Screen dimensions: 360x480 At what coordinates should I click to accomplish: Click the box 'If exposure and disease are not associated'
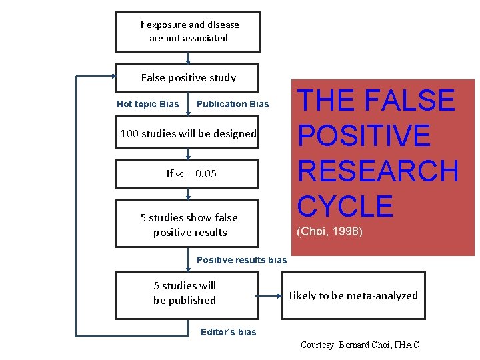coord(188,31)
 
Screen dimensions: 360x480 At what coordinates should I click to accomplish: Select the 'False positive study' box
coord(188,78)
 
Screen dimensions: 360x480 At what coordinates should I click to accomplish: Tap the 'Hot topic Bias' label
coord(147,104)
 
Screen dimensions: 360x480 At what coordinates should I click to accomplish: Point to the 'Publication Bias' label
coord(233,104)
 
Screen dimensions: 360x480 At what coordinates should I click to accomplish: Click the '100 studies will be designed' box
coord(188,134)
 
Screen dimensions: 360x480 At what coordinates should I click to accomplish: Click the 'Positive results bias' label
coord(241,260)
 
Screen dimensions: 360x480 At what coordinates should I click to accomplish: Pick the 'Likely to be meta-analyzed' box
coord(353,295)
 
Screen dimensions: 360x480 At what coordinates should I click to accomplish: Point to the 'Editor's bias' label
coord(228,332)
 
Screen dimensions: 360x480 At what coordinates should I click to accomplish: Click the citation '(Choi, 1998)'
coord(329,232)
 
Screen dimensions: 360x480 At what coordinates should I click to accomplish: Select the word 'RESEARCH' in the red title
coord(378,171)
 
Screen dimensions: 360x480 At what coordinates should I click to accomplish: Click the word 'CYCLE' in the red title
coord(345,207)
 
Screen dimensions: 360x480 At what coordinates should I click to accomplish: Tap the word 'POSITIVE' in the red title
coord(364,136)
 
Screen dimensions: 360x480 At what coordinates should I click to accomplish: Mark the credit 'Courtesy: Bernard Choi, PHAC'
coord(359,345)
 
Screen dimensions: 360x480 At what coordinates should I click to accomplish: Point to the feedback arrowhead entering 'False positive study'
coord(112,77)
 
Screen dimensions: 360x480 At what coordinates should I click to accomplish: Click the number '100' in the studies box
coord(129,134)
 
